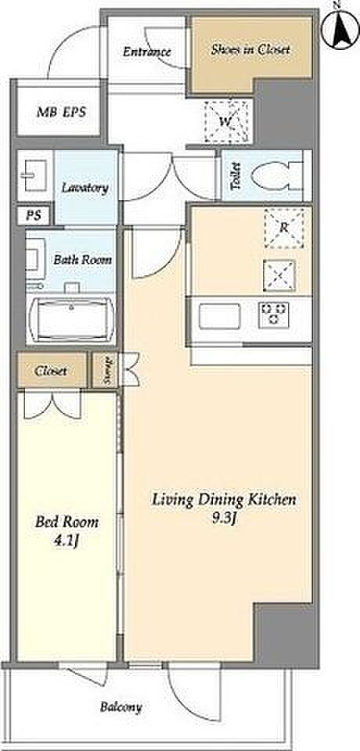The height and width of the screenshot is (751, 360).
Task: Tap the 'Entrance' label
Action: point(146,52)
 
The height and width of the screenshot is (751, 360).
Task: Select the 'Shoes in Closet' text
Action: point(250,49)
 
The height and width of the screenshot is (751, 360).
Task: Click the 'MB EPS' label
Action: point(61,113)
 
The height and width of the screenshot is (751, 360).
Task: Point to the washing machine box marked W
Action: point(226,121)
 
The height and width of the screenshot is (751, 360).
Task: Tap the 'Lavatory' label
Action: point(85,188)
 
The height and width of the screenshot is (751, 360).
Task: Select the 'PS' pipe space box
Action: point(34,215)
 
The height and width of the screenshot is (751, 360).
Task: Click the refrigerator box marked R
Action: point(284,228)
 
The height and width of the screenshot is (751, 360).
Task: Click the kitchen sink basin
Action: point(220,316)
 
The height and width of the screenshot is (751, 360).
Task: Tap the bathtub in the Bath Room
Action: point(71,319)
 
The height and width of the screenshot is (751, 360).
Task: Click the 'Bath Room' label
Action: point(82,260)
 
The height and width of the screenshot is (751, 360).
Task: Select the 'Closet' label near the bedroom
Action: point(50,371)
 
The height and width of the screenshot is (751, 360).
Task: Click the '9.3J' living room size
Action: point(224,519)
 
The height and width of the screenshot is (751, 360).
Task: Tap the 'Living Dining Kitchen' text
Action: point(224,501)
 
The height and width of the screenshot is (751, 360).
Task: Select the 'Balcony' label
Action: point(121,707)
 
